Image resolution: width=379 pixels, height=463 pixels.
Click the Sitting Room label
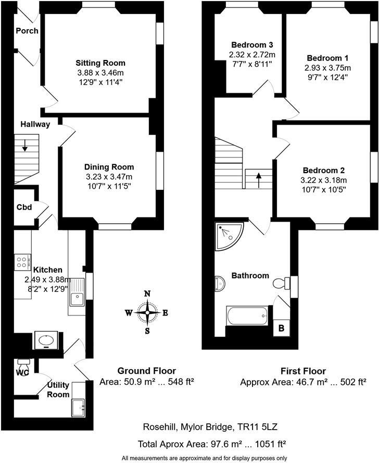click(x=99, y=63)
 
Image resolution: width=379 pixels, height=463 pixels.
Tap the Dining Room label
click(x=109, y=167)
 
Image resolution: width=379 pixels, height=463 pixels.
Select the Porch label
click(x=27, y=31)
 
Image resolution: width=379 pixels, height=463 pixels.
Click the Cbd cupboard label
click(x=24, y=208)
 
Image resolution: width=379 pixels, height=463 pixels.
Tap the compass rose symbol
click(x=148, y=313)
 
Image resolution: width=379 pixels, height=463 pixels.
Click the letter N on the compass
click(x=148, y=294)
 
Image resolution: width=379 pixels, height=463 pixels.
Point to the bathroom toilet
click(x=282, y=283)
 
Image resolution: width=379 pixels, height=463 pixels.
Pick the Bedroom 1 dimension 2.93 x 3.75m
click(x=327, y=67)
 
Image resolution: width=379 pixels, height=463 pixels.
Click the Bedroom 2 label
click(x=323, y=170)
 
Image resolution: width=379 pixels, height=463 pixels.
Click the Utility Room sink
click(x=79, y=407)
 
